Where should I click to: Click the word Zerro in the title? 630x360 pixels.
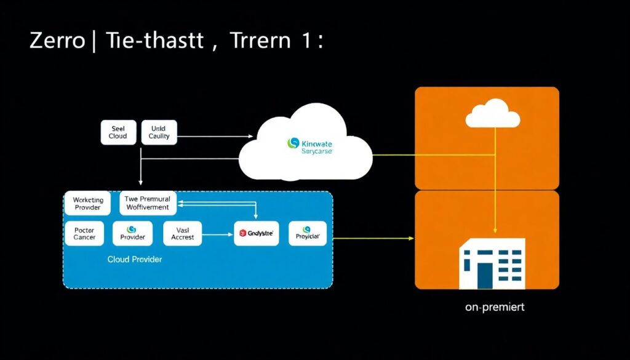click(x=57, y=42)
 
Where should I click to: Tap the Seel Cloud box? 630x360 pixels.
click(x=118, y=132)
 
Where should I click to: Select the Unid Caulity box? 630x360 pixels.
click(x=159, y=132)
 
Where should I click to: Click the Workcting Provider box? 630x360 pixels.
click(x=88, y=204)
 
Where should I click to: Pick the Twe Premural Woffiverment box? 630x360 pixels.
click(x=148, y=204)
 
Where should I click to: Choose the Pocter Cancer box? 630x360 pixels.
click(x=84, y=233)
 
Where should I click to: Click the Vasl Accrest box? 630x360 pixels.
click(x=182, y=233)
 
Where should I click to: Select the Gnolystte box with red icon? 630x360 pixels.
click(x=257, y=234)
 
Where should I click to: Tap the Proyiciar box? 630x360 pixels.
click(x=307, y=234)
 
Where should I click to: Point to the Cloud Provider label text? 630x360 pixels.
click(x=135, y=260)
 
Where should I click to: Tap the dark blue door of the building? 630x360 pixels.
click(x=485, y=276)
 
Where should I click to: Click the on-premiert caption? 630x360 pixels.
click(x=495, y=307)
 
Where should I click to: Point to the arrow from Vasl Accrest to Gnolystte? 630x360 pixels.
click(x=217, y=234)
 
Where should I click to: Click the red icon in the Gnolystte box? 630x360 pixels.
click(x=242, y=234)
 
